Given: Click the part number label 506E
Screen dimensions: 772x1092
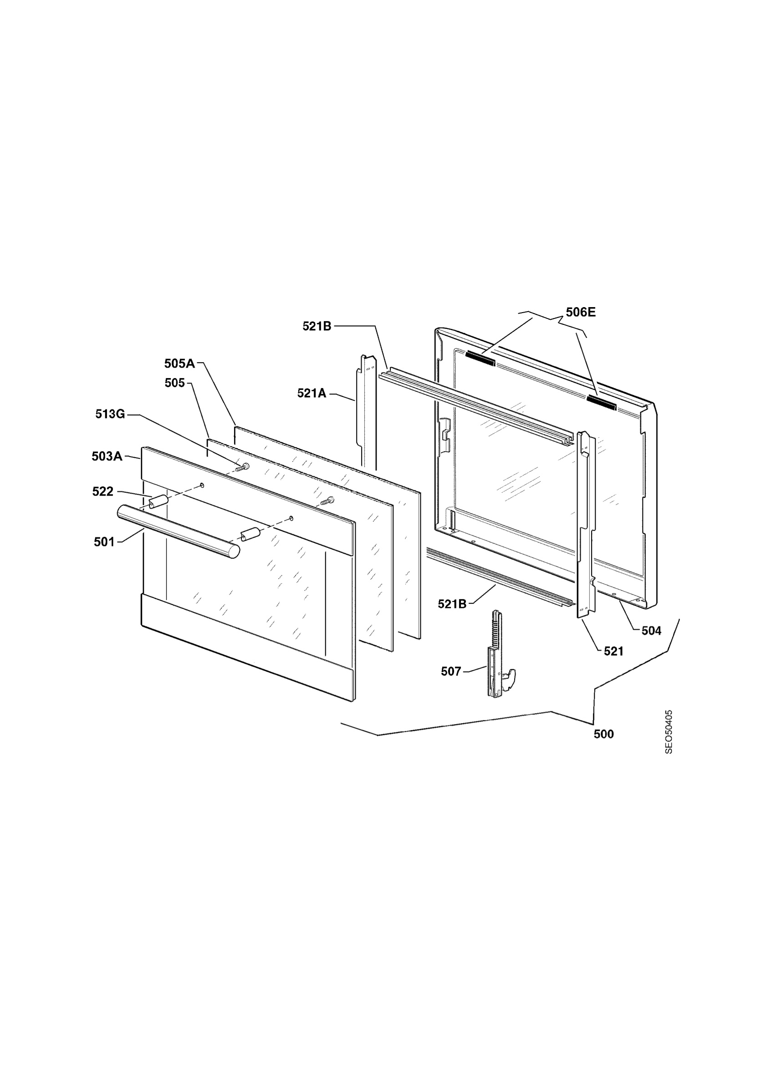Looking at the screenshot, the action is pos(581,312).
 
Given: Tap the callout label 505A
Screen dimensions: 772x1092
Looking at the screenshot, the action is pos(179,364).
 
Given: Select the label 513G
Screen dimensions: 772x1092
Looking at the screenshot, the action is pos(110,414).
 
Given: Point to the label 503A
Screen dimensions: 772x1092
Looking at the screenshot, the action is pos(107,456).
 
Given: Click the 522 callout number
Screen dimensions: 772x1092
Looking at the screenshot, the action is pos(103,491).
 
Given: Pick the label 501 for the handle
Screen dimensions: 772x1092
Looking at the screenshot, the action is pos(104,542).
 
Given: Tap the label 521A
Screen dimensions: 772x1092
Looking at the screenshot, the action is pos(312,393).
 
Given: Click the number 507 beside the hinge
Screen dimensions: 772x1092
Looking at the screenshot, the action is pos(451,671).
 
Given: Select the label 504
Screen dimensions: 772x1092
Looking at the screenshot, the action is pos(651,631).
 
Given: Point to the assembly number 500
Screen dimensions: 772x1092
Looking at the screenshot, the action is pos(603,734).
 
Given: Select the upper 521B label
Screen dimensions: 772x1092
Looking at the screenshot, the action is pos(317,326).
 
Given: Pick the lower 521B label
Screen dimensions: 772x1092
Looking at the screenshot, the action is pos(452,604).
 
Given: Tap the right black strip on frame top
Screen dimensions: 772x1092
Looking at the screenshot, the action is pos(602,402).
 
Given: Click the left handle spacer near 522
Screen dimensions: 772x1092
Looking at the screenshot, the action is pos(158,501).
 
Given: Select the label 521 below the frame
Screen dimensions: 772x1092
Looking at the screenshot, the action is pos(614,651).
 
